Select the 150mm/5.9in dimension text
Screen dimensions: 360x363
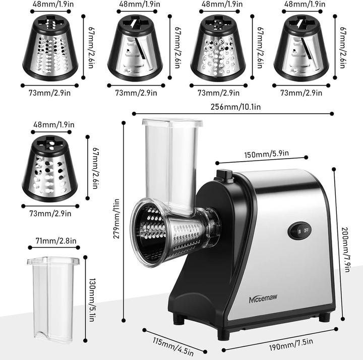click(x=261, y=155)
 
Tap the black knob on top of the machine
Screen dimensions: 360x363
click(x=223, y=175)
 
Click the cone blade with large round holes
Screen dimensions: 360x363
click(x=50, y=169)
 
